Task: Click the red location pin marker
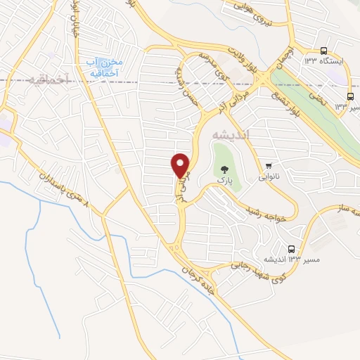[x=181, y=165]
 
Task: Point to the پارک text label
[x=224, y=180]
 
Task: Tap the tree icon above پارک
[x=224, y=169]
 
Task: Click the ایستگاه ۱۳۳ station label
[x=323, y=61]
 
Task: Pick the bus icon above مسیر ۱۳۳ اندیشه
[x=292, y=249]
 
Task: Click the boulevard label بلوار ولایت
[x=246, y=61]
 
